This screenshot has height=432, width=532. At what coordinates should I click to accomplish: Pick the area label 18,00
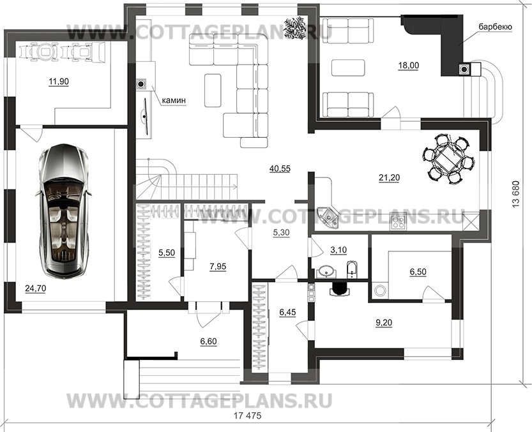pyautogui.click(x=409, y=64)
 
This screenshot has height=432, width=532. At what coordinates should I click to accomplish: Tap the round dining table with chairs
pyautogui.click(x=450, y=156)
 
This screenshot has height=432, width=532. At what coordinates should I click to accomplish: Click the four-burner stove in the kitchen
pyautogui.click(x=399, y=222)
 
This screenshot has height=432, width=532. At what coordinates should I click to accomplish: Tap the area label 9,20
pyautogui.click(x=384, y=322)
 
